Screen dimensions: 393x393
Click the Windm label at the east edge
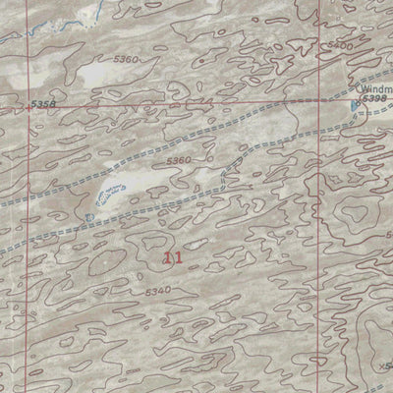[x=375, y=88]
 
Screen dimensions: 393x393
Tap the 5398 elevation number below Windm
[x=374, y=99]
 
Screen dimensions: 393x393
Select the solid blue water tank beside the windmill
[x=355, y=103]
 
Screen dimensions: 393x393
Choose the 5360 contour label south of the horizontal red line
[x=178, y=160]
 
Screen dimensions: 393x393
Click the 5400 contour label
[x=339, y=46]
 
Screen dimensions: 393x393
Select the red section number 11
[x=174, y=258]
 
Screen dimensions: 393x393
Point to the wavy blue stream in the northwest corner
[x=59, y=22]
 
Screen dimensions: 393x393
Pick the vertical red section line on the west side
[x=27, y=246]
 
